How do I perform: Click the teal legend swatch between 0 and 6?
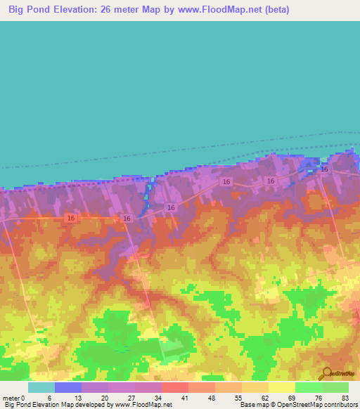[41, 387]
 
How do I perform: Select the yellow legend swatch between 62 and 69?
[282, 387]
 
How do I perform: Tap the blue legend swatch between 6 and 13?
[68, 387]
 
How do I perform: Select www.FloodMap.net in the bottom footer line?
[143, 405]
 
